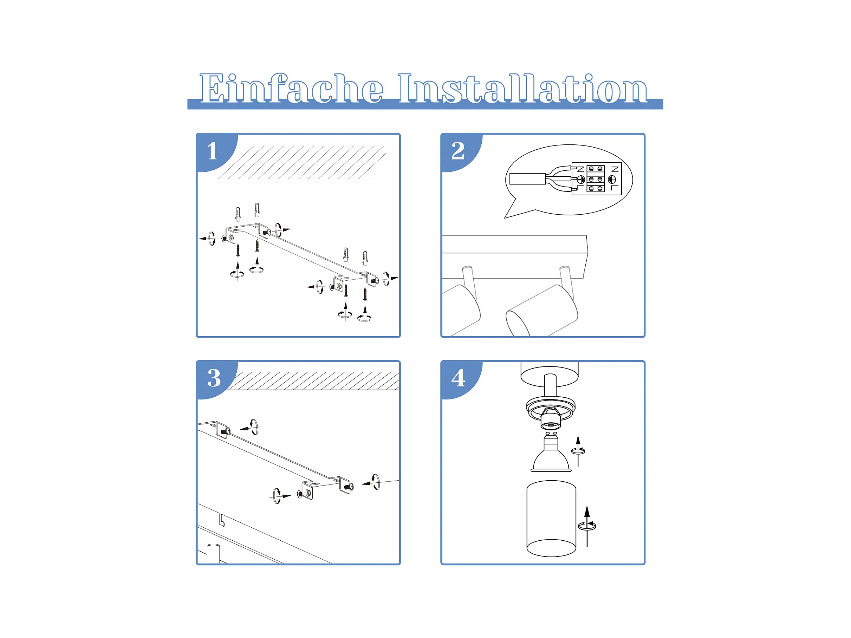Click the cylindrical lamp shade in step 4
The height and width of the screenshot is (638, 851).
[551, 519]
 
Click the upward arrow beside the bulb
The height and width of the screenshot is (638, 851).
[578, 451]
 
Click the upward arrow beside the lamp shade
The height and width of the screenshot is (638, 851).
[587, 526]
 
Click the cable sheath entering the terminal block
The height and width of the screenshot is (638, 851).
[527, 179]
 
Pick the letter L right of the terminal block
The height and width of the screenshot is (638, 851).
[615, 188]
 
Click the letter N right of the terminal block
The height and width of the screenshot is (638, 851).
[615, 169]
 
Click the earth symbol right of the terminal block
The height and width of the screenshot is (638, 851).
[612, 179]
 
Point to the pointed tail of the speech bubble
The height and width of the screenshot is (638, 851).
[505, 218]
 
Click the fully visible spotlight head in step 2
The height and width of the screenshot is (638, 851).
[542, 310]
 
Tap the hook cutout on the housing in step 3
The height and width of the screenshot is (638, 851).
[221, 520]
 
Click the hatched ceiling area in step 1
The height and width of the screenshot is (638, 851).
[299, 162]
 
